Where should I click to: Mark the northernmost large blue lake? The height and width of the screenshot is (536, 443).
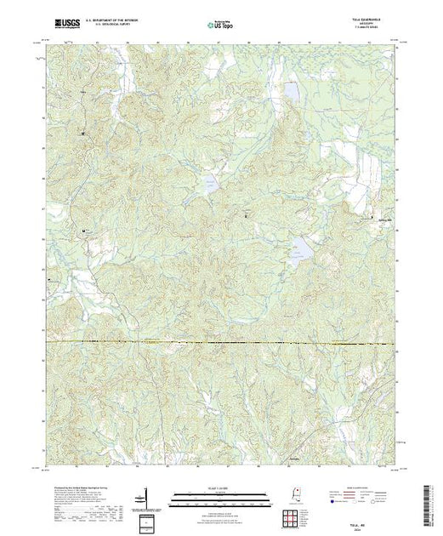click(x=292, y=91)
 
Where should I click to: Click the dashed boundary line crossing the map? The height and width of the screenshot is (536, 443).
click(x=221, y=343)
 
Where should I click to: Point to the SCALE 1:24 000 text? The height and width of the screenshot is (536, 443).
click(x=220, y=488)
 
